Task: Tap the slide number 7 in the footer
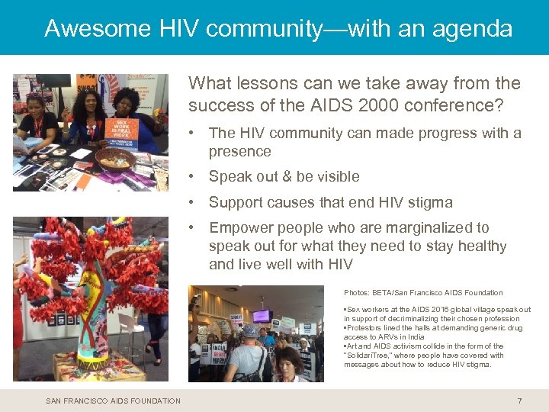(519, 401)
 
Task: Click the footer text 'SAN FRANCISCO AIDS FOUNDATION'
(114, 401)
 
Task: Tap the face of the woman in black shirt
(34, 105)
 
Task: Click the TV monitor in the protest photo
(262, 315)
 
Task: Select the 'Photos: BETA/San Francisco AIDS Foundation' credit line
(423, 292)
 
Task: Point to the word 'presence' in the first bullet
(239, 151)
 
